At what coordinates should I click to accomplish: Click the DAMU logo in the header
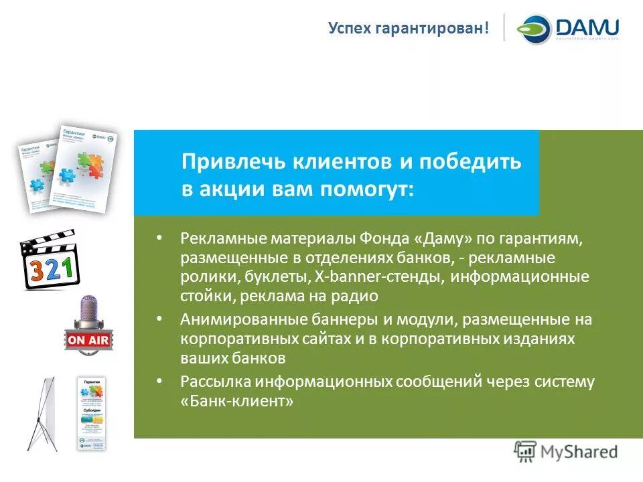[568, 29]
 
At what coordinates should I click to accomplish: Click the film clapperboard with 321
[49, 260]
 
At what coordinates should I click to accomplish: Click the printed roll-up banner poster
[92, 412]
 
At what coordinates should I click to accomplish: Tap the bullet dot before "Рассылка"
[159, 381]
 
